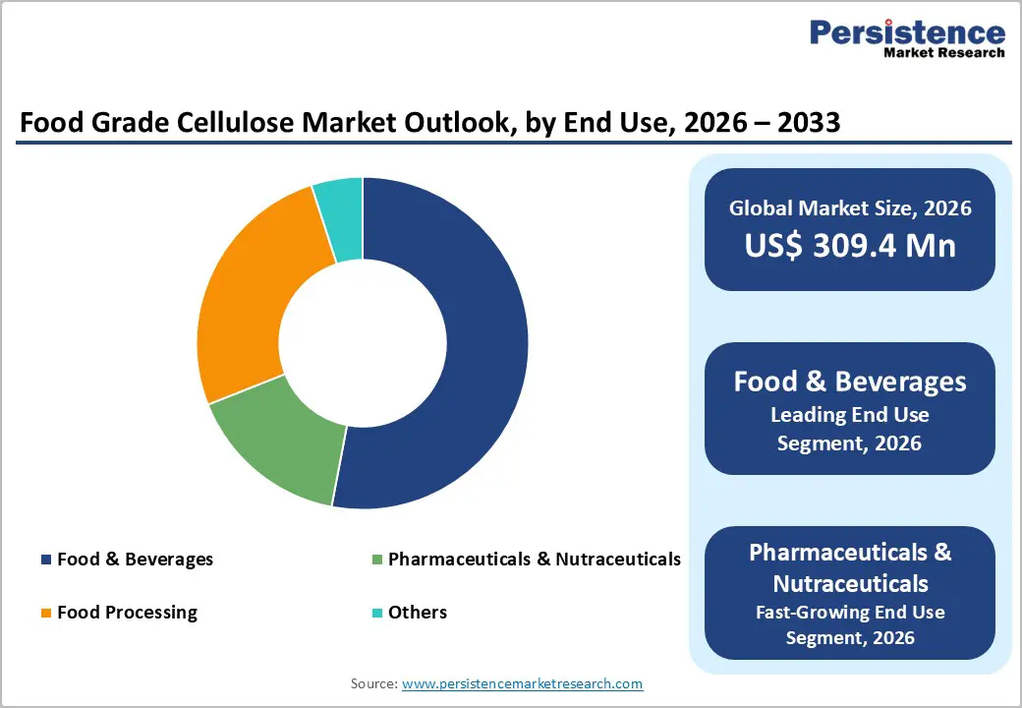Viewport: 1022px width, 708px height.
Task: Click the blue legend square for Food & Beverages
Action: pyautogui.click(x=45, y=560)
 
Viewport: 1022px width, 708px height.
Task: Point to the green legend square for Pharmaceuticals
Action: pyautogui.click(x=376, y=560)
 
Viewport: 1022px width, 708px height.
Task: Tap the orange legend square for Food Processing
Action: pyautogui.click(x=45, y=613)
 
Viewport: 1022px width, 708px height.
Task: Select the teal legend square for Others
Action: pyautogui.click(x=376, y=613)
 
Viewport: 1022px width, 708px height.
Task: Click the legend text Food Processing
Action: pyautogui.click(x=127, y=613)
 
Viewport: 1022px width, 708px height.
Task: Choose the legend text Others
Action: pyautogui.click(x=418, y=613)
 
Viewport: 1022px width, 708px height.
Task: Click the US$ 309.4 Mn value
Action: pyautogui.click(x=849, y=245)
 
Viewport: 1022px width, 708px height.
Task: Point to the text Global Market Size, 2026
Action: pyautogui.click(x=849, y=207)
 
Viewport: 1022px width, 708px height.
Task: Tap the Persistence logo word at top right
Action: pyautogui.click(x=907, y=32)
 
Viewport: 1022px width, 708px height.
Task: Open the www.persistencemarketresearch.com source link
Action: pyautogui.click(x=522, y=683)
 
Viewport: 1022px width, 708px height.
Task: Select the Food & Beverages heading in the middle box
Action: pyautogui.click(x=849, y=382)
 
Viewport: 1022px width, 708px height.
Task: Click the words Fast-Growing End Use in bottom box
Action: pyautogui.click(x=849, y=612)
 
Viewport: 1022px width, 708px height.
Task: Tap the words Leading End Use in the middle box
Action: pyautogui.click(x=849, y=415)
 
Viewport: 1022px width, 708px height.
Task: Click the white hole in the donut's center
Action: pyautogui.click(x=363, y=343)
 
